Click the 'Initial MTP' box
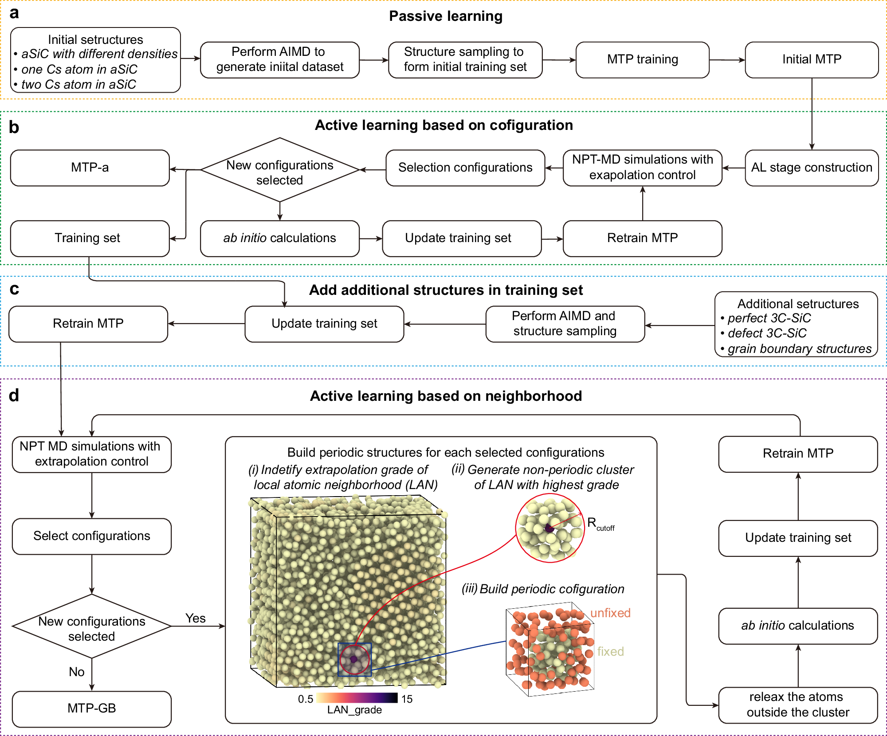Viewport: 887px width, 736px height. point(811,60)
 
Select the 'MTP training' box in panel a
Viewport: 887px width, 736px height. point(642,60)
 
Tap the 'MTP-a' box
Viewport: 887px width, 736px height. point(90,168)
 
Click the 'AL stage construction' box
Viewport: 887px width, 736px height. point(811,168)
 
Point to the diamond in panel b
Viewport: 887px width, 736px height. point(279,170)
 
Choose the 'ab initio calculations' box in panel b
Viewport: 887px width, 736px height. point(279,238)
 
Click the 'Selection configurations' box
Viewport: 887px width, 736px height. point(465,168)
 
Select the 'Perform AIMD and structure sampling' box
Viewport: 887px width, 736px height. point(565,324)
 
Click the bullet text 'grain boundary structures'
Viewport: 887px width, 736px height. point(799,349)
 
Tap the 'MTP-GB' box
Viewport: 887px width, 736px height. point(91,708)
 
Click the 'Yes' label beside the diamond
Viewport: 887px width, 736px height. point(195,618)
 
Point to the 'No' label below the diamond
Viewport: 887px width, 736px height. point(76,672)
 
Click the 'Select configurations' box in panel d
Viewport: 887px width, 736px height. point(91,536)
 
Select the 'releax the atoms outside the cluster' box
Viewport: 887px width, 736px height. point(797,705)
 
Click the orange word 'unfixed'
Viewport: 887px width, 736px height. point(610,613)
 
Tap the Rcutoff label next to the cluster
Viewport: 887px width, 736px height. point(600,524)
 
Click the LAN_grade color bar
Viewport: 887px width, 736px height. point(357,698)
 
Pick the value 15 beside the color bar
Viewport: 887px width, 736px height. point(407,699)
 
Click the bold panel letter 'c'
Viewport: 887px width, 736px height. point(14,289)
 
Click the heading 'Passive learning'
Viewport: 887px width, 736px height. point(445,16)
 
